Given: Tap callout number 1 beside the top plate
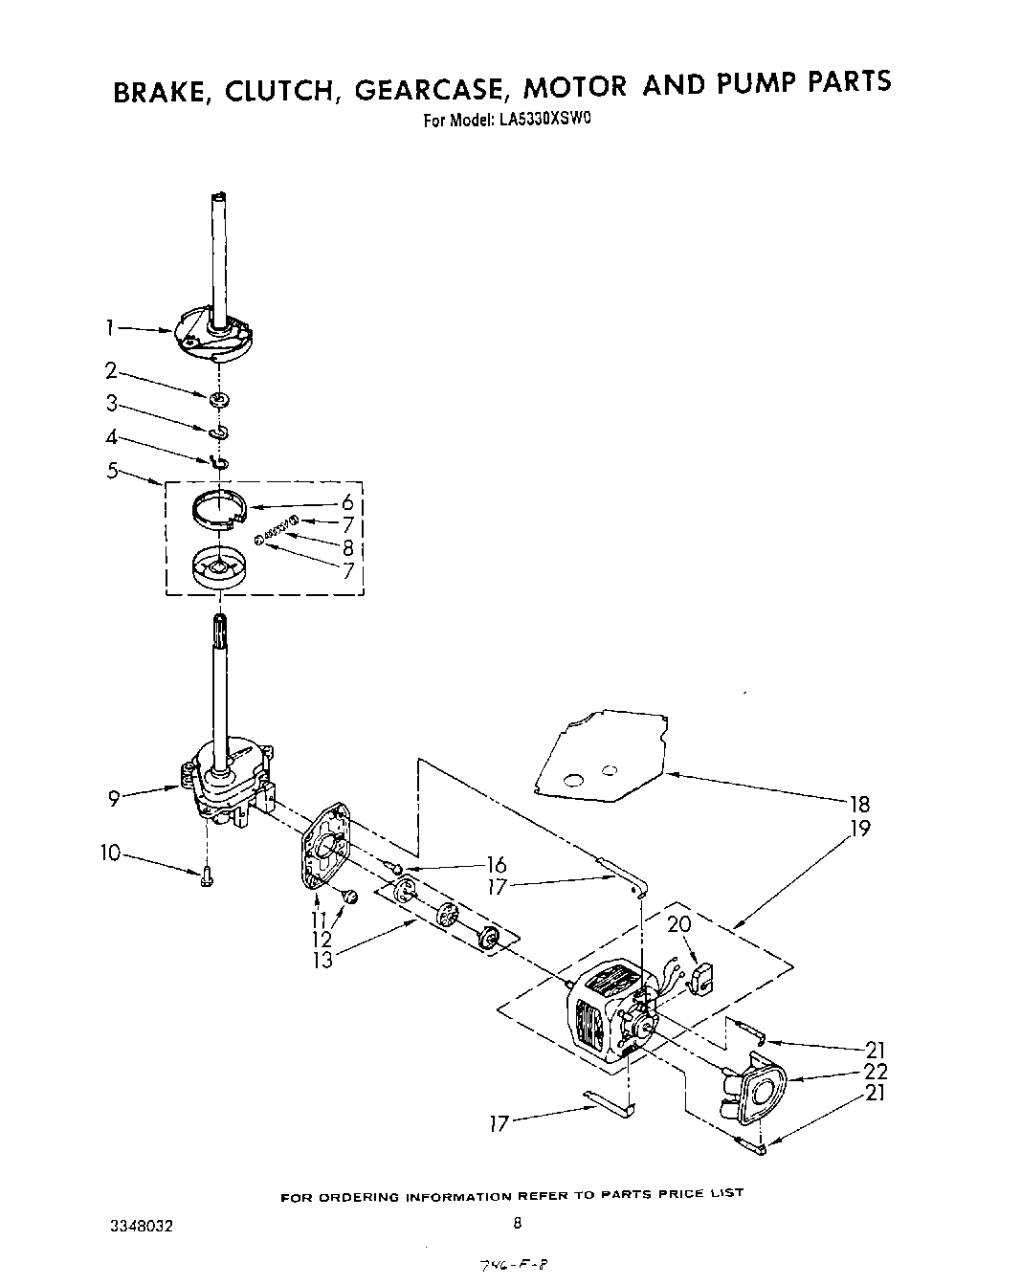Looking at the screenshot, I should click(112, 328).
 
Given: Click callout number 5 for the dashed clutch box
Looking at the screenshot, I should click(114, 470).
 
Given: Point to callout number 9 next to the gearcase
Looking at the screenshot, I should click(114, 796).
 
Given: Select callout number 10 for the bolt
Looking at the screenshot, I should click(110, 852).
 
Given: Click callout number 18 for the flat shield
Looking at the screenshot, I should click(858, 804).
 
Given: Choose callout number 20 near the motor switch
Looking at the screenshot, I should click(678, 924).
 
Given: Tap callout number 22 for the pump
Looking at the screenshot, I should click(875, 1072).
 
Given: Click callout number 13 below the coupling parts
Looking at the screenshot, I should click(322, 960).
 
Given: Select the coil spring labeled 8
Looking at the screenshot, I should click(276, 530).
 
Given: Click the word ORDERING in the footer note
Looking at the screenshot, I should click(361, 1197).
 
